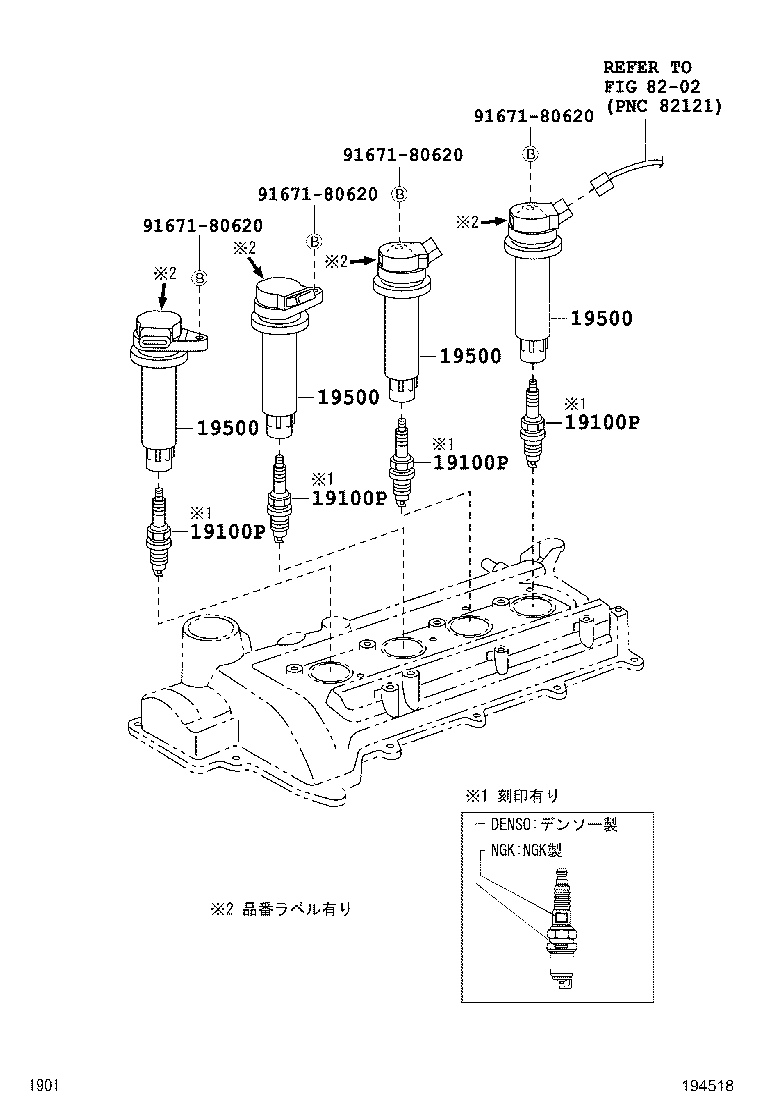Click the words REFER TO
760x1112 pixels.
tap(660, 67)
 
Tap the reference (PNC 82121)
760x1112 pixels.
tap(663, 105)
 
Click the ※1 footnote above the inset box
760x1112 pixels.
tap(511, 796)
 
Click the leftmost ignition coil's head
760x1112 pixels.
tap(160, 333)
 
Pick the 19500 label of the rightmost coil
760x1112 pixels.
tap(602, 319)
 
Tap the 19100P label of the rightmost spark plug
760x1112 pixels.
tap(601, 422)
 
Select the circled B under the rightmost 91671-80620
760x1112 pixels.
tap(531, 153)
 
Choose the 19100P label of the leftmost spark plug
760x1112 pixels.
tap(227, 531)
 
